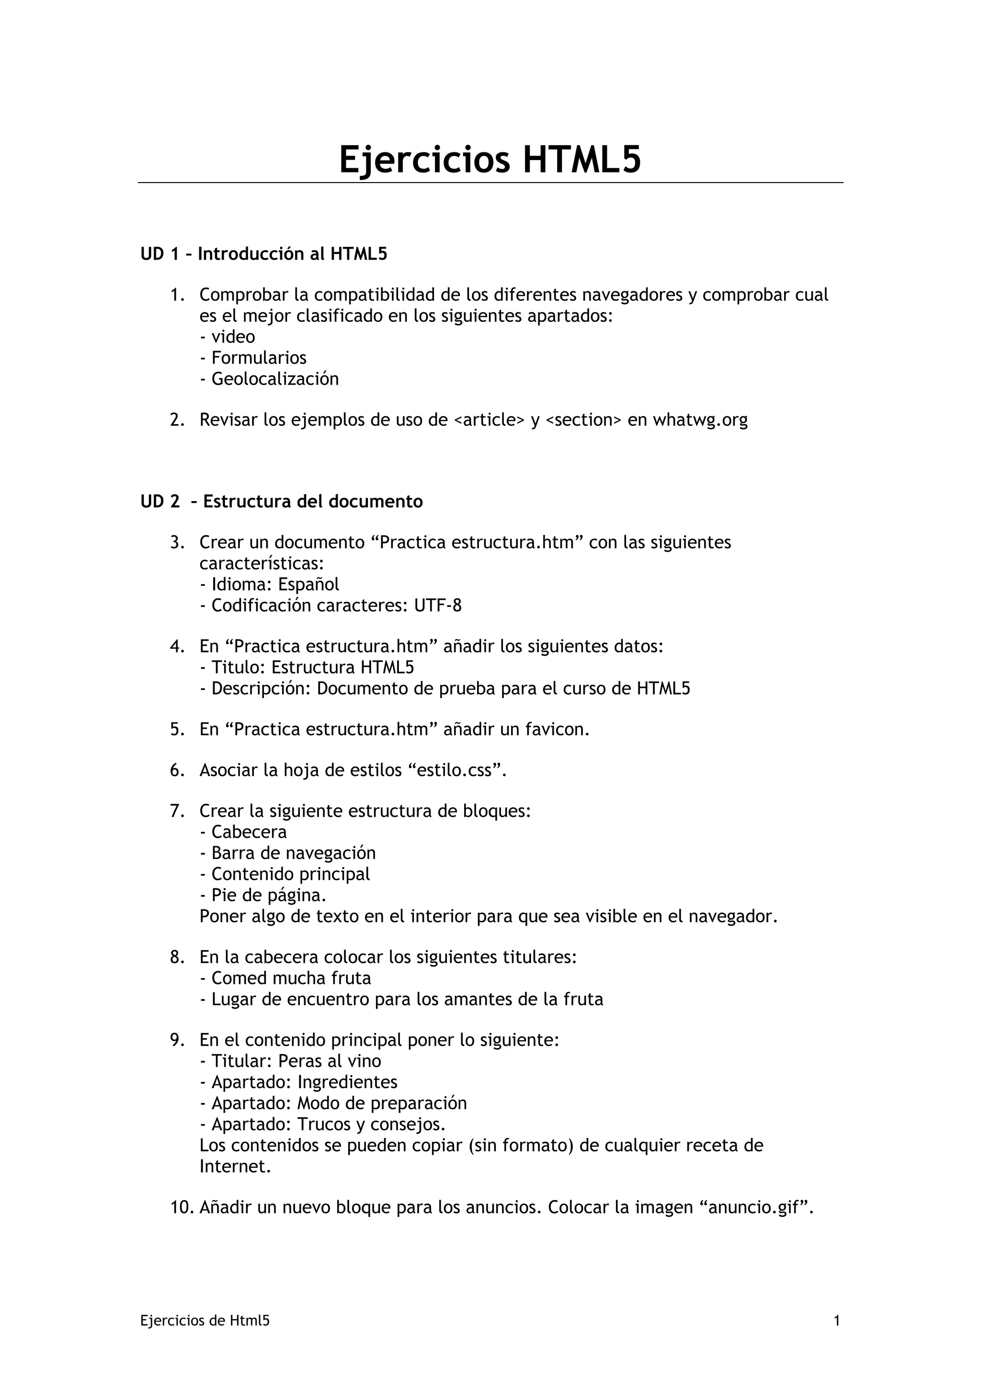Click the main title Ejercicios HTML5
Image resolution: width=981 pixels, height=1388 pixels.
[490, 160]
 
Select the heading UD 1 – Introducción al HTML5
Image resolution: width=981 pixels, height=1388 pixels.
[263, 254]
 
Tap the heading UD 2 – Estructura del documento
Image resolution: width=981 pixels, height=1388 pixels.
[282, 502]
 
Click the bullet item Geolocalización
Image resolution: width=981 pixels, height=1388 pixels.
[270, 379]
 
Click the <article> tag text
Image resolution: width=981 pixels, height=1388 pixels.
[489, 420]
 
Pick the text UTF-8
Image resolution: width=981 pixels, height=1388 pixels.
[438, 606]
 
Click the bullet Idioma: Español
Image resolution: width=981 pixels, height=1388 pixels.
[270, 585]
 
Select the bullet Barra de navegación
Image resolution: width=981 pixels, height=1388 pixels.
[288, 853]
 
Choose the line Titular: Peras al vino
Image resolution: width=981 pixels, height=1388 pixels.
[291, 1061]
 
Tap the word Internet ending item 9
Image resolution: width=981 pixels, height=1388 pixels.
[235, 1166]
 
